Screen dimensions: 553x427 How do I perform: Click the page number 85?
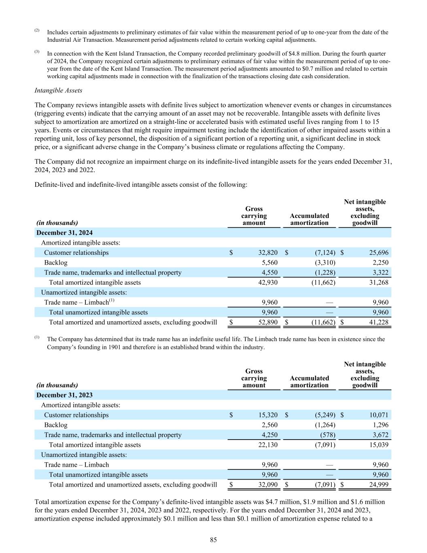(x=213, y=540)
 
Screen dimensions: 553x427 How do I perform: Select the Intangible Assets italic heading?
(x=58, y=90)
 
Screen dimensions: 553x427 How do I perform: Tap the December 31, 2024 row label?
(x=64, y=233)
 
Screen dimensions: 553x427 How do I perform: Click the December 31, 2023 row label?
(x=64, y=395)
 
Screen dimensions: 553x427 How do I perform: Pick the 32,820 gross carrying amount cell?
(x=268, y=253)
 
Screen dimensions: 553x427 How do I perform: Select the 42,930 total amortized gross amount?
(x=268, y=282)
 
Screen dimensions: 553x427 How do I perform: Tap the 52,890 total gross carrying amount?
(x=268, y=322)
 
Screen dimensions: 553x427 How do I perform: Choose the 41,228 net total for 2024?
(x=379, y=322)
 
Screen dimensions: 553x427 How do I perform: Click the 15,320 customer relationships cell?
(x=268, y=415)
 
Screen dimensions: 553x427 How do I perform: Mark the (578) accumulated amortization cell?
(x=327, y=435)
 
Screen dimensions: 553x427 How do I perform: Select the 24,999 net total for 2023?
(x=379, y=485)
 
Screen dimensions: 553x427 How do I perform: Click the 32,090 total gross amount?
(x=268, y=485)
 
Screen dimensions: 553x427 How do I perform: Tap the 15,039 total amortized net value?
(x=379, y=445)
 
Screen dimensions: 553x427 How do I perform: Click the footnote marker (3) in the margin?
(x=37, y=52)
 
